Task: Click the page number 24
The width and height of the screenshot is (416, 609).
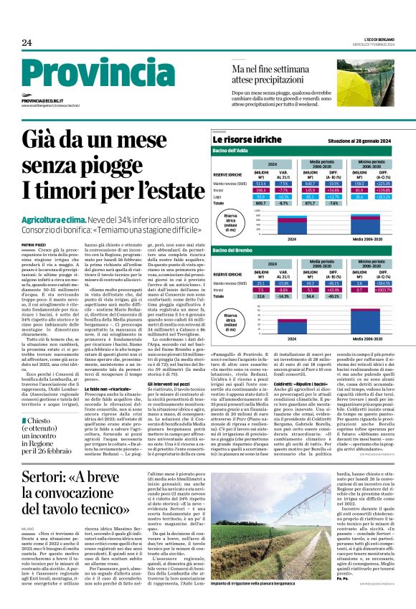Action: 27,43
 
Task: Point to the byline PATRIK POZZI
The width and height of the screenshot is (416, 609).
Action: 34,245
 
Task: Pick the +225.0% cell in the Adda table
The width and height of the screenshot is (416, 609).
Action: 383,183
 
